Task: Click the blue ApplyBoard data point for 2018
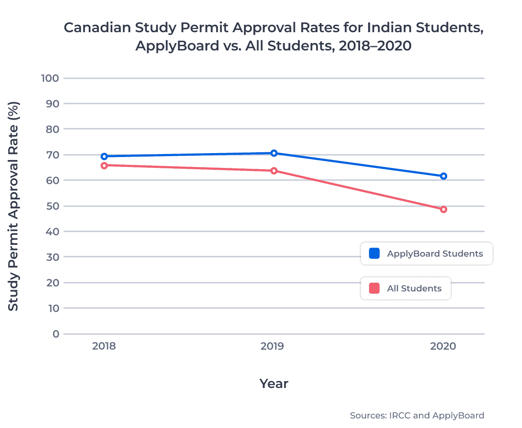tap(104, 156)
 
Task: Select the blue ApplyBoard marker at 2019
tap(274, 153)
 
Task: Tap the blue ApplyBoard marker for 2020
tap(443, 176)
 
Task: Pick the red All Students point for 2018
tap(104, 165)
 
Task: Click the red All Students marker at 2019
tap(274, 171)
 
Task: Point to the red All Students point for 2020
tap(443, 209)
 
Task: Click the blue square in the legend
tap(374, 254)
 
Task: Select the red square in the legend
tap(374, 288)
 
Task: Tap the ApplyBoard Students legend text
tap(435, 254)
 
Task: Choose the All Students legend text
tap(414, 288)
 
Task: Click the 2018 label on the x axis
tap(104, 347)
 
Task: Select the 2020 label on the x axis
tap(443, 347)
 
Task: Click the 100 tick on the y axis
tap(50, 78)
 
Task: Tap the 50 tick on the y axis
tap(52, 206)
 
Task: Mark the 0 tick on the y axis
tap(55, 334)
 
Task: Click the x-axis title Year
tap(274, 384)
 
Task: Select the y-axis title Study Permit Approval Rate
tap(14, 206)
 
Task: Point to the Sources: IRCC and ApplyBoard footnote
tap(417, 415)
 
